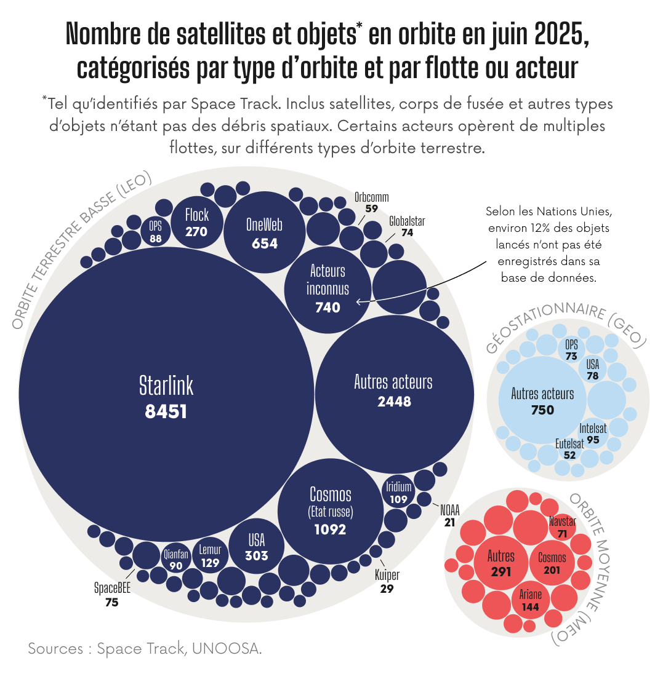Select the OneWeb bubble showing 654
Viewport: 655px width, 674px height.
[x=264, y=232]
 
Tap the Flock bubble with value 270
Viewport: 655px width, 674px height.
[x=196, y=222]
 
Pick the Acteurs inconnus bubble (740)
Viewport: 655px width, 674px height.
[x=327, y=289]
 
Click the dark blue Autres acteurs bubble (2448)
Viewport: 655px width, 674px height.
[x=394, y=392]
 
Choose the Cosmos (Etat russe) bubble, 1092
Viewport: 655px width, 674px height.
[x=330, y=510]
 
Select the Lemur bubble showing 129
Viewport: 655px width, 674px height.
[x=210, y=556]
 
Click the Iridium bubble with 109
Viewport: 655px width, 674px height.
[x=398, y=493]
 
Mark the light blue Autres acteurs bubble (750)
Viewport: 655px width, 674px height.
[x=542, y=401]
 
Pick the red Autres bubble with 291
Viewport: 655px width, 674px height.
[x=501, y=563]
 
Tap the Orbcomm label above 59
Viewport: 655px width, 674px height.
[x=371, y=197]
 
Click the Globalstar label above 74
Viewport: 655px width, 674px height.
[x=407, y=221]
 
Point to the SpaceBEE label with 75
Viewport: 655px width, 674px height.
[x=112, y=588]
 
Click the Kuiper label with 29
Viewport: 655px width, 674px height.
[x=387, y=576]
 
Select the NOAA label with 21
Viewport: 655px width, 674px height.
[x=449, y=510]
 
